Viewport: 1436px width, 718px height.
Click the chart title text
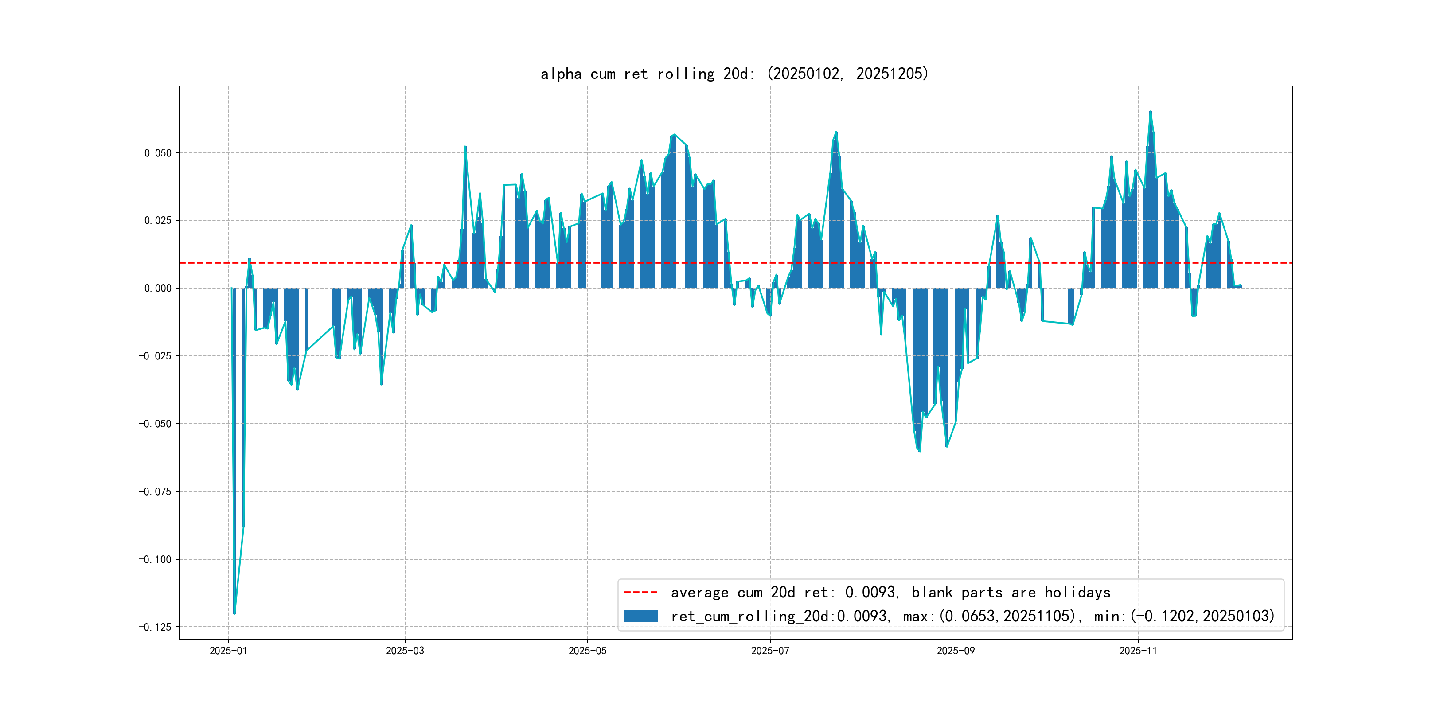(734, 74)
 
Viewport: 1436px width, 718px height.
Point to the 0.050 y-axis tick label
(158, 153)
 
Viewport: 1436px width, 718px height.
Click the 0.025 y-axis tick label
(158, 220)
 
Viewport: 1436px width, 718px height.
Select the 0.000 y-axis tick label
(158, 288)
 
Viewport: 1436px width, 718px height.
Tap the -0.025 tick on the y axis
(155, 355)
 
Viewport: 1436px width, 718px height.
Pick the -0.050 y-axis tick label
(155, 424)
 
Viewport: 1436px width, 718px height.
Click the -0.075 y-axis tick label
(155, 491)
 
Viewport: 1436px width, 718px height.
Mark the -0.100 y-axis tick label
(155, 559)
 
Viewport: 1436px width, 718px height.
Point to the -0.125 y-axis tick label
(155, 627)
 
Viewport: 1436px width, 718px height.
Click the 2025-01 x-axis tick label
(228, 651)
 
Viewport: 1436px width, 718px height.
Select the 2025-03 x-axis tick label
(405, 651)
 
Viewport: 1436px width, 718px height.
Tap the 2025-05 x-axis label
(587, 651)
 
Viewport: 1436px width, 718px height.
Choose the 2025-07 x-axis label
(770, 651)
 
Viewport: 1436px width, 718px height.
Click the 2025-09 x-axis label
(956, 651)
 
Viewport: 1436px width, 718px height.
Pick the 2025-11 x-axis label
(1138, 651)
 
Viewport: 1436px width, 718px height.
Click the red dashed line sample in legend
(640, 592)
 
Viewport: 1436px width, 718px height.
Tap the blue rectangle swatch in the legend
(640, 616)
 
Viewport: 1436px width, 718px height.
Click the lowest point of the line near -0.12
(235, 613)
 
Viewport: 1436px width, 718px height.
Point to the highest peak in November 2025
(1150, 112)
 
